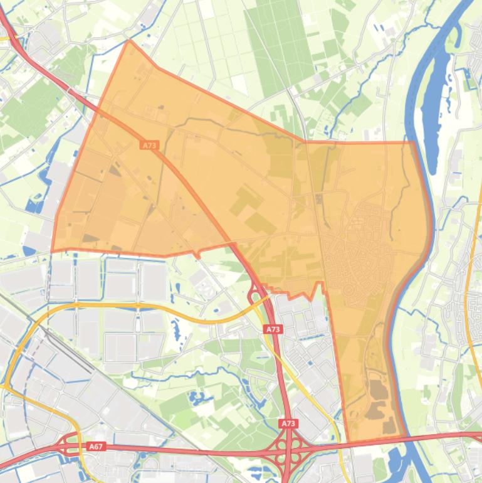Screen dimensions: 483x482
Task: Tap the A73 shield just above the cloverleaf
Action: click(x=288, y=424)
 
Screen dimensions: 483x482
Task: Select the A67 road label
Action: click(x=95, y=447)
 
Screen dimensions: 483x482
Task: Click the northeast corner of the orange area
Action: click(x=414, y=142)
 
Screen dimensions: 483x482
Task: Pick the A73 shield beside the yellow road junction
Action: click(x=273, y=329)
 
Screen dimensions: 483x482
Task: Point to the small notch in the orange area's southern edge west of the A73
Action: click(x=197, y=254)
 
